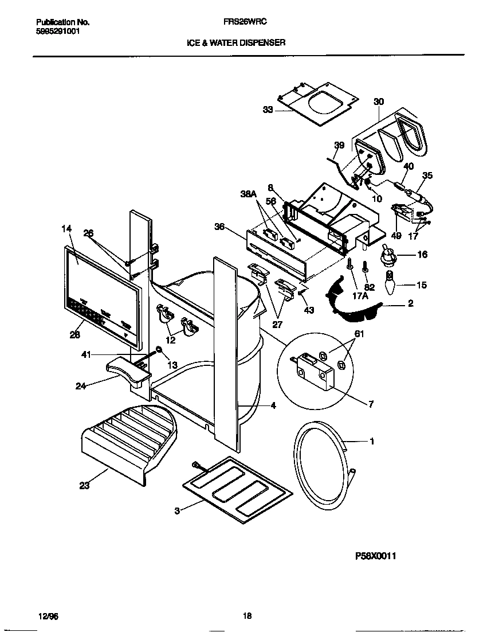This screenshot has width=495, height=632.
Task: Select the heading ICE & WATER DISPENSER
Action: click(236, 42)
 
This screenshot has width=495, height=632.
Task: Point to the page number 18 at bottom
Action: click(247, 616)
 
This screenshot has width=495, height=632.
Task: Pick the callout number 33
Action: click(268, 110)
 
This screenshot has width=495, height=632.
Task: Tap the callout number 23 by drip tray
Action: click(84, 486)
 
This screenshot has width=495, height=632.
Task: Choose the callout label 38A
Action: click(247, 194)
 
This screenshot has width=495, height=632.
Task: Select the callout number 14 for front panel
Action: click(66, 229)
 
